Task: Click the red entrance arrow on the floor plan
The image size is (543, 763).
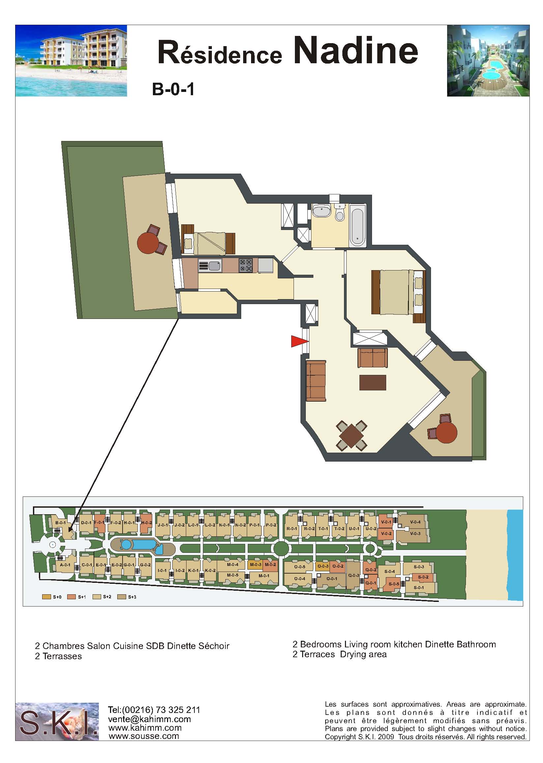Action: [x=299, y=341]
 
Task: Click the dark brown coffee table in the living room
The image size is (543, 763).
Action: [x=373, y=382]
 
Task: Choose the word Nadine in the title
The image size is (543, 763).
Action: [x=356, y=50]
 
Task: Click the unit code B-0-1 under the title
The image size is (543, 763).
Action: [x=173, y=89]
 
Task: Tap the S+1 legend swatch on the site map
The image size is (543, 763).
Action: [x=71, y=597]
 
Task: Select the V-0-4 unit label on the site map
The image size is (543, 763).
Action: [x=415, y=522]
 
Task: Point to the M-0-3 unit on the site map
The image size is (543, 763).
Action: [x=256, y=565]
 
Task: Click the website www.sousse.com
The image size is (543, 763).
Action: [x=144, y=736]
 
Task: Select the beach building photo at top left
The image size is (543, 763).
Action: [x=71, y=61]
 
